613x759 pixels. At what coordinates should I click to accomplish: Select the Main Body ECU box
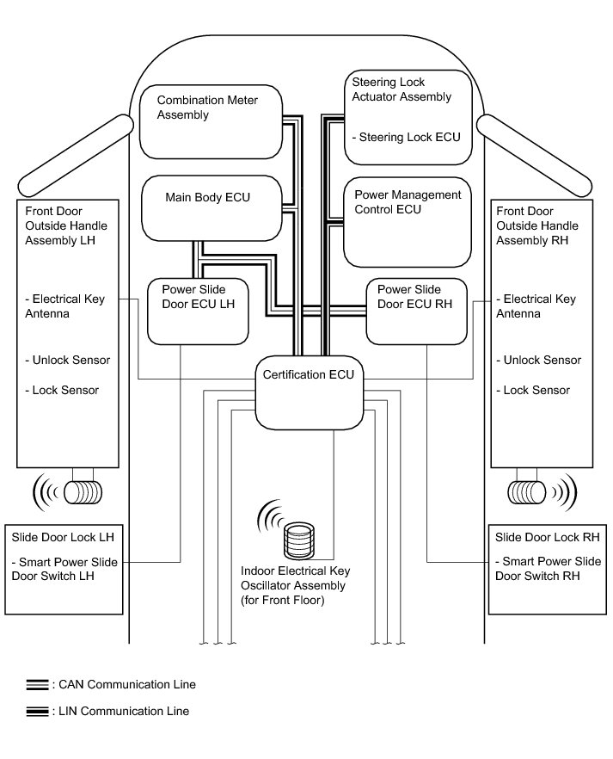pos(211,209)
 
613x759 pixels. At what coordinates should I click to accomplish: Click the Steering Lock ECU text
pos(409,137)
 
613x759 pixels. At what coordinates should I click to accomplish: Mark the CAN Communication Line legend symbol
pos(38,685)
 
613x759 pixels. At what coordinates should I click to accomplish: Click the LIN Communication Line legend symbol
pos(38,712)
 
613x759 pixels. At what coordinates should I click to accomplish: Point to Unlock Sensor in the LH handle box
pos(68,360)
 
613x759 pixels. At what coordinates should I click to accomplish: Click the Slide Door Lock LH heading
pos(63,538)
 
